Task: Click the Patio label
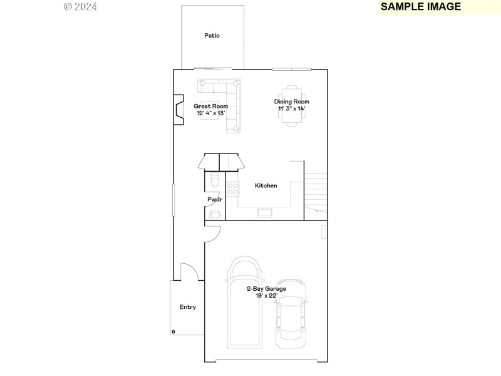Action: [x=212, y=36]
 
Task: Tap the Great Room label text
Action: [x=210, y=106]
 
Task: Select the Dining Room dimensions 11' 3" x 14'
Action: [x=292, y=109]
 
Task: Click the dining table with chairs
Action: [x=292, y=105]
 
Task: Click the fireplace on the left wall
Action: [x=178, y=110]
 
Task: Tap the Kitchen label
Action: [x=266, y=185]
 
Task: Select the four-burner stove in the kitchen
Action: [x=232, y=188]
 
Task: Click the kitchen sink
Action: [x=265, y=213]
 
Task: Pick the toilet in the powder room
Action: [x=214, y=181]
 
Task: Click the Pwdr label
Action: [x=215, y=200]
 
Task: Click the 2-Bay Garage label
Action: [x=266, y=289]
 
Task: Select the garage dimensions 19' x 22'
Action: [x=266, y=296]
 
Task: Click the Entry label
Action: [x=188, y=307]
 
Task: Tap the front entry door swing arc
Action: [x=190, y=270]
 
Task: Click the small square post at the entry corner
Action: [x=173, y=332]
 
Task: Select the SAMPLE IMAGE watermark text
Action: [x=420, y=7]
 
